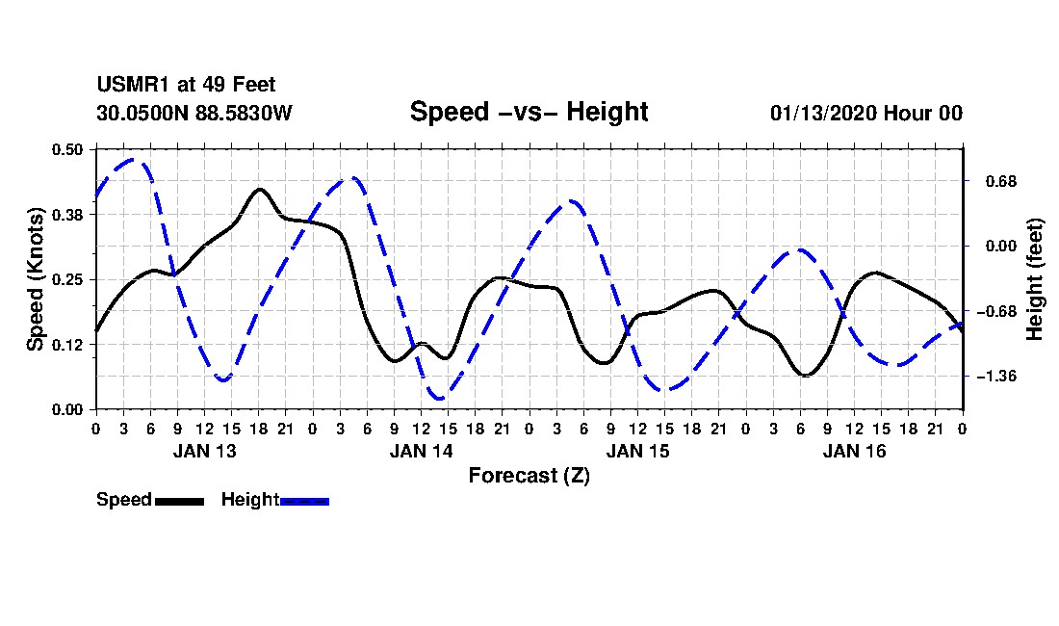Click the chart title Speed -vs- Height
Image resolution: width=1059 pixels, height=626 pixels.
point(529,112)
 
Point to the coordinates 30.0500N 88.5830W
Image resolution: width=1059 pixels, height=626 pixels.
point(194,113)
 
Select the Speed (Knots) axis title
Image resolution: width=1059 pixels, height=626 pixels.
point(36,278)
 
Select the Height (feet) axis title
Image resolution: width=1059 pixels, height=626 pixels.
point(1035,279)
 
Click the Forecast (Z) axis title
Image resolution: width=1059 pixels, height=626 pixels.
point(529,475)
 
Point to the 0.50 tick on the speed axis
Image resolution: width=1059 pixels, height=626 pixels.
point(69,149)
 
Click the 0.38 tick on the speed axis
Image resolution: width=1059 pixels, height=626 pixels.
point(69,215)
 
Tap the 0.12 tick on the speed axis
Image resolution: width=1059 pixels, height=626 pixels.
point(69,345)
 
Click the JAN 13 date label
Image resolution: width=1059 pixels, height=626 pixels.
point(204,450)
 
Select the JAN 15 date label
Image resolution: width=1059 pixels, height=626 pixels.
point(637,450)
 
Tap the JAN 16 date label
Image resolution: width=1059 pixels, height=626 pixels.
point(854,450)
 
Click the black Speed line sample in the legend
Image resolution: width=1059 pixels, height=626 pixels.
point(179,501)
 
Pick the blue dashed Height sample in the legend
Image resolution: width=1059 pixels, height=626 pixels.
point(304,501)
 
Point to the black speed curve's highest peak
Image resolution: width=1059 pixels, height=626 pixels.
point(259,190)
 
